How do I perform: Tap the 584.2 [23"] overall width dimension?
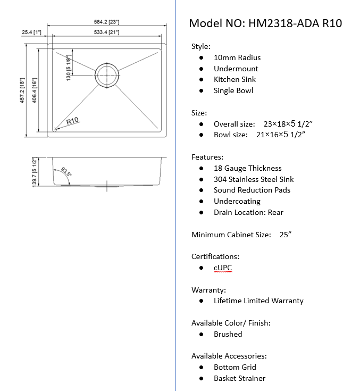coord(107,22)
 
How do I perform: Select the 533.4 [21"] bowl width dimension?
coord(107,33)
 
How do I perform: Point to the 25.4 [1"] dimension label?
coord(31,32)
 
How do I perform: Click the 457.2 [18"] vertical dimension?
coord(23,91)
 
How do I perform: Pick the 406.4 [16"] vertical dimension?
coord(34,91)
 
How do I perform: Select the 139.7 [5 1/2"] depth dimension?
coord(35,171)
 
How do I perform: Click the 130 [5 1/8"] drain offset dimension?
coord(68,66)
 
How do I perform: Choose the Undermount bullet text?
coord(236,69)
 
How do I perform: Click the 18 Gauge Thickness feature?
coord(247,168)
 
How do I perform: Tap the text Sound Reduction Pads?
coord(252,190)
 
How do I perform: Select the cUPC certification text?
coord(223,268)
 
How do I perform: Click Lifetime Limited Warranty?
coord(258,301)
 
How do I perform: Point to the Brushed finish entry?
coord(228,334)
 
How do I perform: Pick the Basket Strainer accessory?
coord(239,378)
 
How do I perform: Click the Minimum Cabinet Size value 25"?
coord(285,235)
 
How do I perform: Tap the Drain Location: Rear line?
coord(248,212)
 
